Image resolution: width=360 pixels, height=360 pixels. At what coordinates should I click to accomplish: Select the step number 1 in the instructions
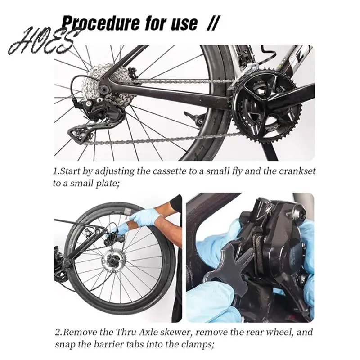point(55,171)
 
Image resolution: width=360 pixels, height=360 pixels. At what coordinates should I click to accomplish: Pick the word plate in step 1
point(105,183)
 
